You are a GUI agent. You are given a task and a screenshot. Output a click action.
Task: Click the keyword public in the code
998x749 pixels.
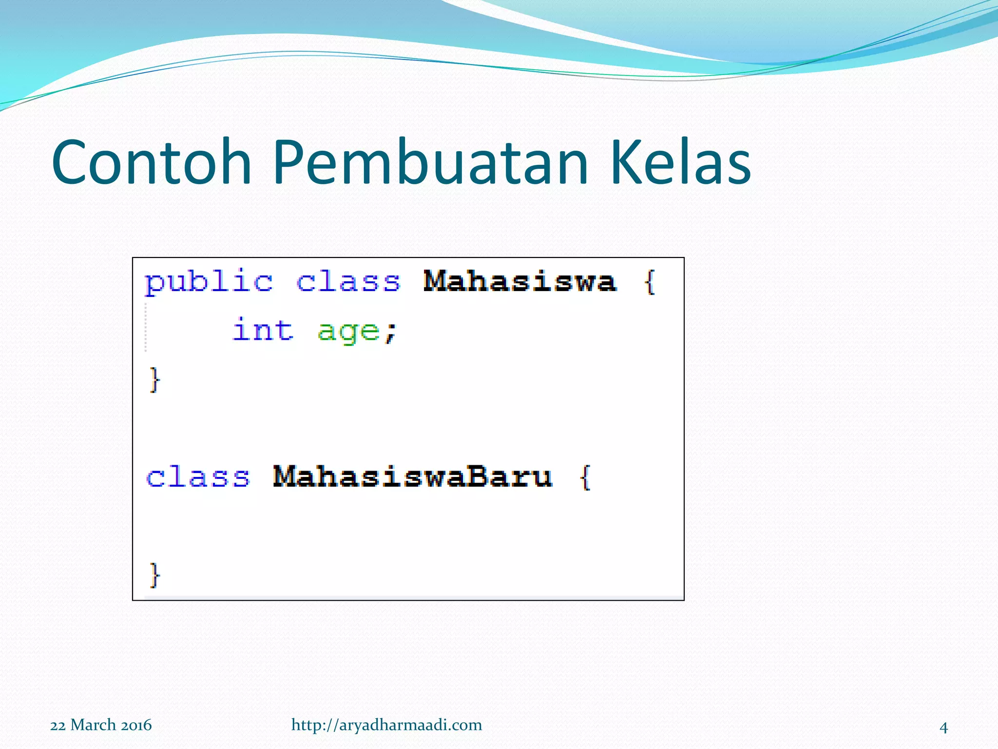[x=209, y=282]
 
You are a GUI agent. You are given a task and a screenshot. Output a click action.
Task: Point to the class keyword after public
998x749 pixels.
[x=348, y=281]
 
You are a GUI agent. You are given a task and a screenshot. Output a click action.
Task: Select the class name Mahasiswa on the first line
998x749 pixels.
[x=520, y=281]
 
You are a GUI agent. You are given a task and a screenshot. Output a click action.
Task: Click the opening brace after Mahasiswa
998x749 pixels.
[x=650, y=282]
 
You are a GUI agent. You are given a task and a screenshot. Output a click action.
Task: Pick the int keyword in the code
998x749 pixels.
[x=263, y=330]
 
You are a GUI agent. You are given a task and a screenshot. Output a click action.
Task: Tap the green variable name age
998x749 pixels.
[x=348, y=333]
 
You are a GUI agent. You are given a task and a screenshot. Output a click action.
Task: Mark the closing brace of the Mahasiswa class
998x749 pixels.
[x=154, y=380]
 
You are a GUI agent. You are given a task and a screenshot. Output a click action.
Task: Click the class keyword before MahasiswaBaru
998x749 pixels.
[x=198, y=476]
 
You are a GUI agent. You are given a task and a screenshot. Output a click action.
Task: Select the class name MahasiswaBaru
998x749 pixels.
[x=413, y=476]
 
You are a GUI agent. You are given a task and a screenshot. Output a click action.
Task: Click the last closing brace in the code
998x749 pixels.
[x=154, y=575]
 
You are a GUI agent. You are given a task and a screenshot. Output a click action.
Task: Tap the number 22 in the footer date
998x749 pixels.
[x=58, y=726]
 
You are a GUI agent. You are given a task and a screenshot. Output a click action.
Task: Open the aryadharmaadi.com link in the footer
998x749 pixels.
[x=387, y=726]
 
